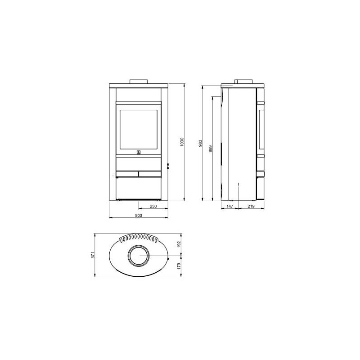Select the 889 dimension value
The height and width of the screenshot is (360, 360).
click(x=210, y=148)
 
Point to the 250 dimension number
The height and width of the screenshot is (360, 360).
click(x=153, y=207)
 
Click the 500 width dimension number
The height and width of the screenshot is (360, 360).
click(x=139, y=216)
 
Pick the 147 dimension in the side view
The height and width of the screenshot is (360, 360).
click(x=229, y=207)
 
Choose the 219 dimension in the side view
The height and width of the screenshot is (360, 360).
click(x=251, y=207)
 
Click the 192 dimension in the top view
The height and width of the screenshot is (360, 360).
click(x=178, y=244)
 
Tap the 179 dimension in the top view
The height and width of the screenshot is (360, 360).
click(x=178, y=266)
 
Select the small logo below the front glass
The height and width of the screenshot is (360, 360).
click(x=139, y=153)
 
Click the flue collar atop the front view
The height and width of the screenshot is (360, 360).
click(x=139, y=81)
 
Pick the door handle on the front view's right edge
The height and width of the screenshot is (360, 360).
click(x=167, y=167)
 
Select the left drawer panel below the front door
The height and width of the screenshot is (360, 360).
click(x=127, y=173)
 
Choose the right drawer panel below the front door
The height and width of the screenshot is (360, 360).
click(x=150, y=173)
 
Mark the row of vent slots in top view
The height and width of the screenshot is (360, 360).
click(x=139, y=237)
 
